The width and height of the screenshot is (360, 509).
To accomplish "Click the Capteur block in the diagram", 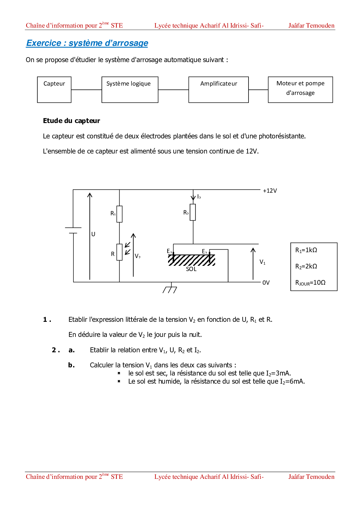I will (54, 90).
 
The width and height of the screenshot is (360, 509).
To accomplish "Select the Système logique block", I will (130, 90).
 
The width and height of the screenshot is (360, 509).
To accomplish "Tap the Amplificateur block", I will (218, 90).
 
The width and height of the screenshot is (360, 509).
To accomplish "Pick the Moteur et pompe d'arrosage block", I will (300, 90).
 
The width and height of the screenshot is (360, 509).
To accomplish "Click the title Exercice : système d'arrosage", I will (87, 43).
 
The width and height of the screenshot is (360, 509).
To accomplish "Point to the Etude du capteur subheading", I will (71, 121).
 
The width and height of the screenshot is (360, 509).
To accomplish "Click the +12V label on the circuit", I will (270, 191).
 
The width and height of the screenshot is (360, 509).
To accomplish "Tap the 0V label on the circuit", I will (266, 283).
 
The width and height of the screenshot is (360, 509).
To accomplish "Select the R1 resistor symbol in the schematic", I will (119, 214).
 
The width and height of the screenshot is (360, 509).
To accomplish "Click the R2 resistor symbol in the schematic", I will (193, 212).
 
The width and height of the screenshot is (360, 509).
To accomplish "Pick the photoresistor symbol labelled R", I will (119, 252).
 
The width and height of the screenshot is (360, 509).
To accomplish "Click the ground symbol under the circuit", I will (170, 289).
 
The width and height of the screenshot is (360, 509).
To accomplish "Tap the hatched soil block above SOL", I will (192, 260).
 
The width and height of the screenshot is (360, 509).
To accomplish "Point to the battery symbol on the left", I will (73, 230).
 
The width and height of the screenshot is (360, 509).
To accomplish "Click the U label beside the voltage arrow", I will (93, 234).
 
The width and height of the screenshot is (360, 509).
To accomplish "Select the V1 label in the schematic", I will (262, 262).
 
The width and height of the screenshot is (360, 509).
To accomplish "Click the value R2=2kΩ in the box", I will (306, 266).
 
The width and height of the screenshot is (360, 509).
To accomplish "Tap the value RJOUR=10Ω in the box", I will (310, 283).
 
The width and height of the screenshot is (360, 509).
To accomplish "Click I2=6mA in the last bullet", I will (292, 381).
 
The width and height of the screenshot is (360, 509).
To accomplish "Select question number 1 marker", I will (47, 320).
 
